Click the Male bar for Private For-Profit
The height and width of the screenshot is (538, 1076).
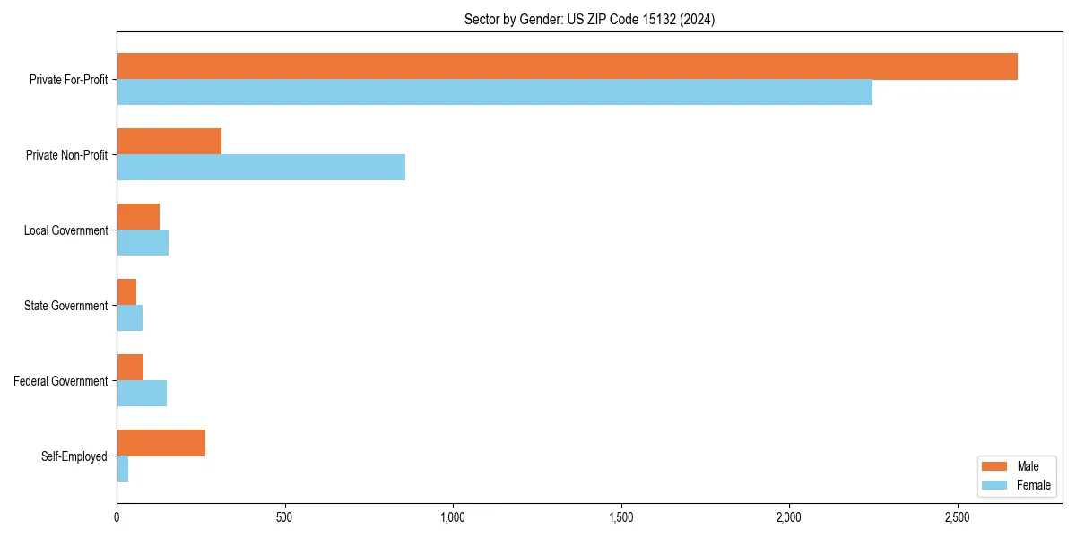pos(567,66)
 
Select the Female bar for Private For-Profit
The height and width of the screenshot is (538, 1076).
pos(494,92)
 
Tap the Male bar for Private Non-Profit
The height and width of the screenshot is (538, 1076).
pos(169,142)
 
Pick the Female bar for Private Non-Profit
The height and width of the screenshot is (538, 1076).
pos(261,168)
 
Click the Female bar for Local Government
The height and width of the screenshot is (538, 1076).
pos(143,243)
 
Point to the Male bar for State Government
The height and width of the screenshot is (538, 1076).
pos(126,292)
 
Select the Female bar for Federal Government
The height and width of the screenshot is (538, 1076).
pos(142,394)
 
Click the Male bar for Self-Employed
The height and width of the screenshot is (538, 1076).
pos(161,443)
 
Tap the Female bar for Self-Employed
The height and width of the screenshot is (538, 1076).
pos(123,469)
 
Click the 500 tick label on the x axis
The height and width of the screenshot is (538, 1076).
pos(284,517)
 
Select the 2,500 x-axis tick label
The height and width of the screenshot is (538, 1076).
pos(957,517)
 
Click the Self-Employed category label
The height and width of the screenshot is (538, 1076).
pos(74,456)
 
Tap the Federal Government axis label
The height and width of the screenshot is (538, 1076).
pos(61,381)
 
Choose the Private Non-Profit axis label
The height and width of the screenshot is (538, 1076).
pos(66,155)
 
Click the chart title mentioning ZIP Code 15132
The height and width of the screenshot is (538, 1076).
pos(589,19)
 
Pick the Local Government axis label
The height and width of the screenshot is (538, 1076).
pos(65,230)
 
